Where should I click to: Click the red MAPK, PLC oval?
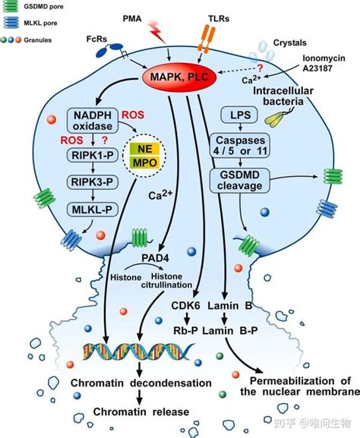pos(179,77)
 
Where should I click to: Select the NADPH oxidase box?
pos(93,121)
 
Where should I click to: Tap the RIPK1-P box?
pos(93,155)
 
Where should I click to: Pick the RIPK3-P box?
pos(93,182)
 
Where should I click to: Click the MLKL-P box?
pos(93,210)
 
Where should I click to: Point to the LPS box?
pos(239,115)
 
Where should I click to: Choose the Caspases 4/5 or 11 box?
pos(240,145)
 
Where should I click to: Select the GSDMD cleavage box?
pos(240,180)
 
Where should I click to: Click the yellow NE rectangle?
pos(144,149)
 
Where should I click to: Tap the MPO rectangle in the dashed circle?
pos(144,162)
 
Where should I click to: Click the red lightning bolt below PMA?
pos(156,33)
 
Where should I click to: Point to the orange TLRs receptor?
pos(206,39)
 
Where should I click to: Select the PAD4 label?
pos(155,258)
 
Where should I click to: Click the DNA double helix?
pos(137,351)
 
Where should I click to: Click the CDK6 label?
pos(185,306)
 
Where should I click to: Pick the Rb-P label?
pos(185,331)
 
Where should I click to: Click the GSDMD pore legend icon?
pos(11,7)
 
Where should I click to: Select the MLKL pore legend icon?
pos(11,23)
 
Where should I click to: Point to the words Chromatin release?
pos(141,411)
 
